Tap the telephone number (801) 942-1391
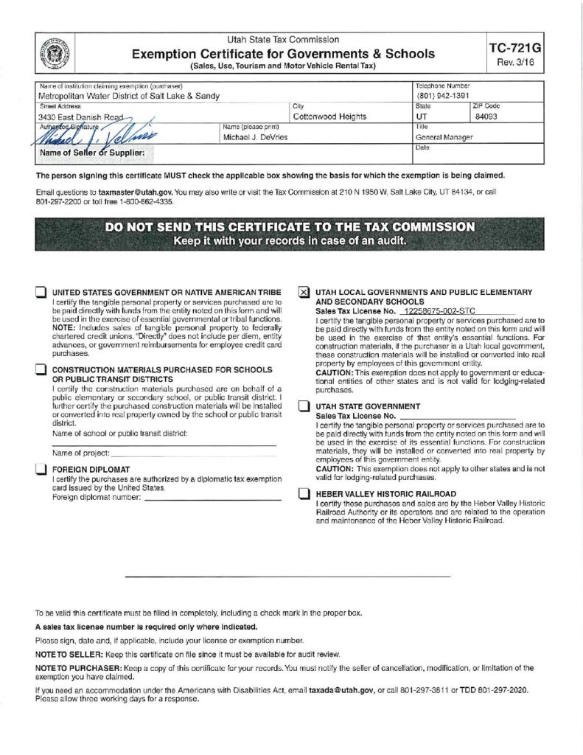[444, 96]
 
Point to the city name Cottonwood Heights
[329, 116]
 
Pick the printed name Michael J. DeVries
[255, 137]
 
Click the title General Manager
[444, 137]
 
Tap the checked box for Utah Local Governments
[304, 293]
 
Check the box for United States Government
[41, 293]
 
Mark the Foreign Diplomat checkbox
[41, 470]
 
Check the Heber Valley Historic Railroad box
[304, 494]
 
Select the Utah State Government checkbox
[304, 407]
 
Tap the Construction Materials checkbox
[41, 370]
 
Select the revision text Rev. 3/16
[514, 63]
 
